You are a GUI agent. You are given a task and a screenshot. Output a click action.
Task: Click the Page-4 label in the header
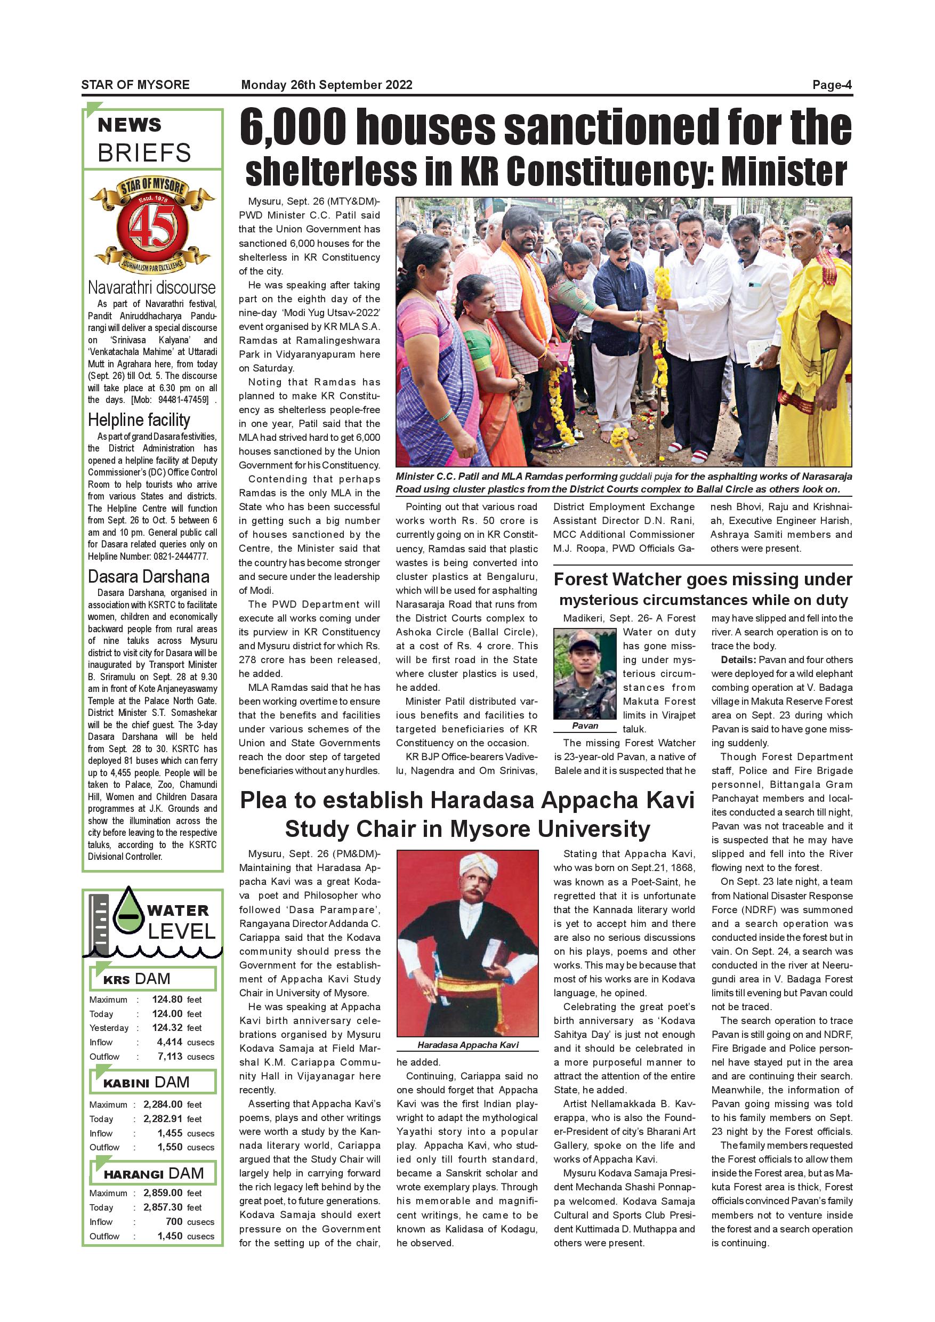(x=832, y=85)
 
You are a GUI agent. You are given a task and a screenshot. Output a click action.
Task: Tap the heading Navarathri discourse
(x=151, y=287)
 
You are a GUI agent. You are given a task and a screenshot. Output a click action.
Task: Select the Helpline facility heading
(x=139, y=420)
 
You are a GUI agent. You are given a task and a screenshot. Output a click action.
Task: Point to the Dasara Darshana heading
(x=149, y=576)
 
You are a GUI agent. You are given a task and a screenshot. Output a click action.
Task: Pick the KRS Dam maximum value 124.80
(x=167, y=999)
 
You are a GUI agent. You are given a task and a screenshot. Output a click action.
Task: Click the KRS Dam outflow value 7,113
(x=170, y=1057)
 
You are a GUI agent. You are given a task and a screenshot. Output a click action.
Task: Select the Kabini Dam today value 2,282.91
(x=163, y=1119)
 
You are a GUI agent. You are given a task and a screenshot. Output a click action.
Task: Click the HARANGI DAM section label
(x=153, y=1173)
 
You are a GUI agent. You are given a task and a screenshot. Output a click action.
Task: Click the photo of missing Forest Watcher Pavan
(x=585, y=674)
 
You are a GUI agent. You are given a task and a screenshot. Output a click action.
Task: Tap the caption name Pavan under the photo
(x=585, y=726)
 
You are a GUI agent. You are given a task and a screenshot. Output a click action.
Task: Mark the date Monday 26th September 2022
(x=326, y=85)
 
